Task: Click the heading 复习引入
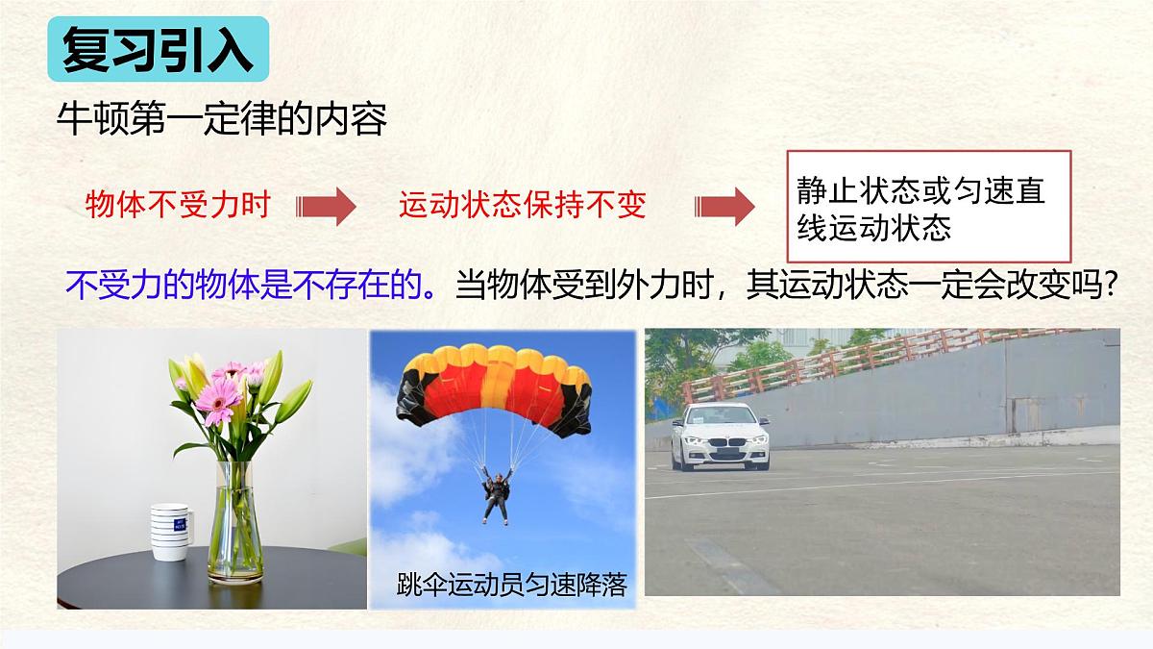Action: [x=158, y=50]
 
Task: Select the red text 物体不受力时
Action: [x=178, y=205]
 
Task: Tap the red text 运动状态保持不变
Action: [x=522, y=205]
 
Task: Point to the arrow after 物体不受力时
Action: [x=326, y=206]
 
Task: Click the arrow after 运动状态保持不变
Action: [x=724, y=206]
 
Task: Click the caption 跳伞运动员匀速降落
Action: [x=510, y=584]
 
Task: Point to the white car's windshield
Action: [x=722, y=416]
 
